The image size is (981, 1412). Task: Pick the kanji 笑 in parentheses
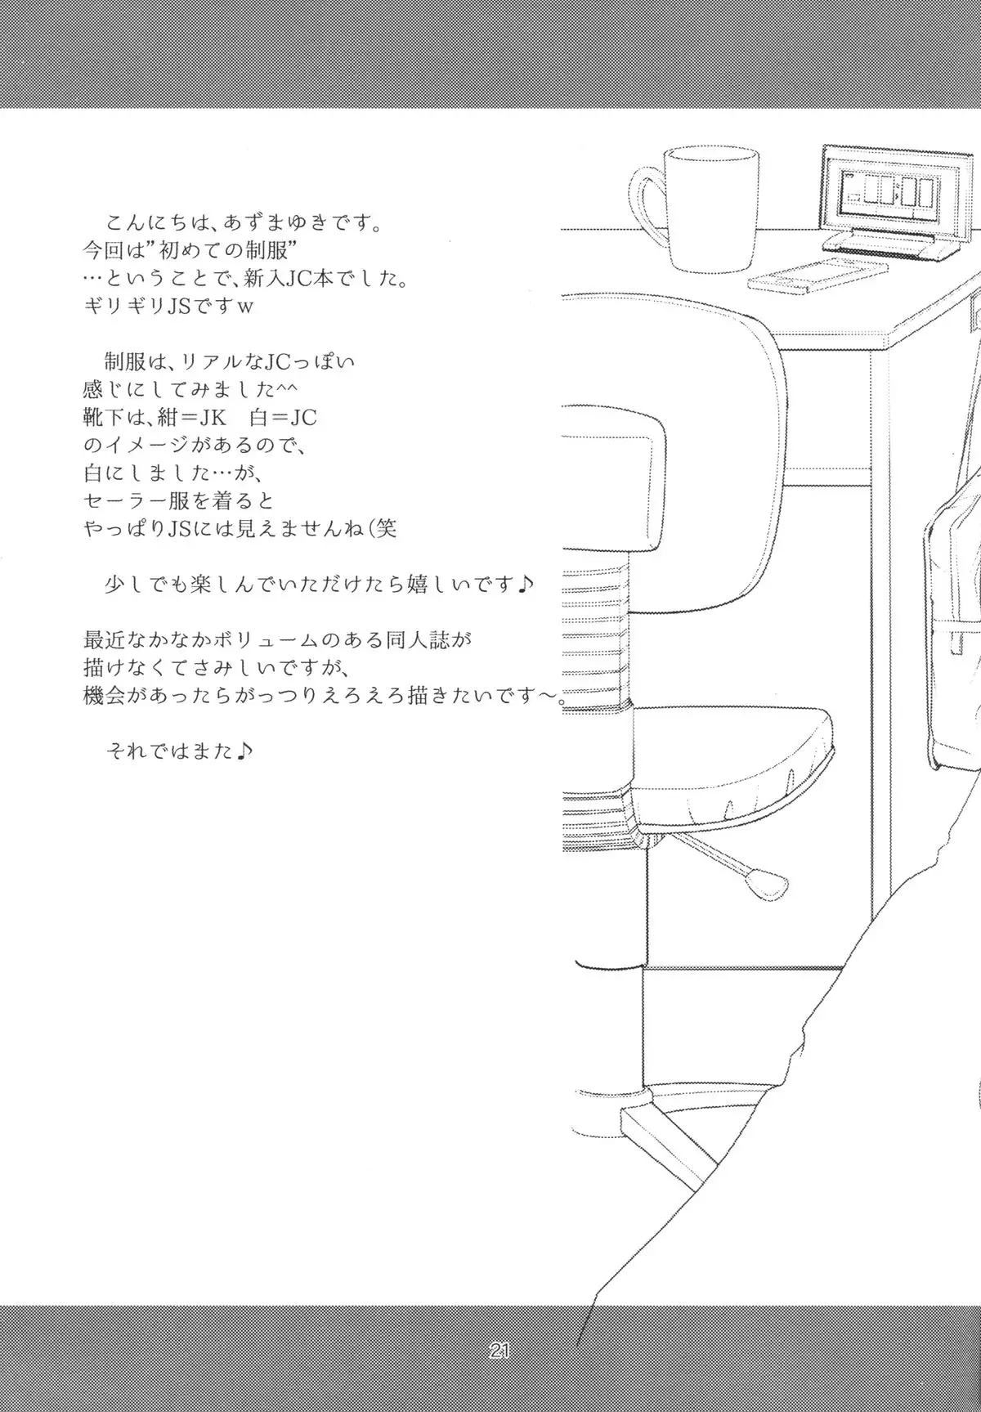[x=386, y=529]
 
